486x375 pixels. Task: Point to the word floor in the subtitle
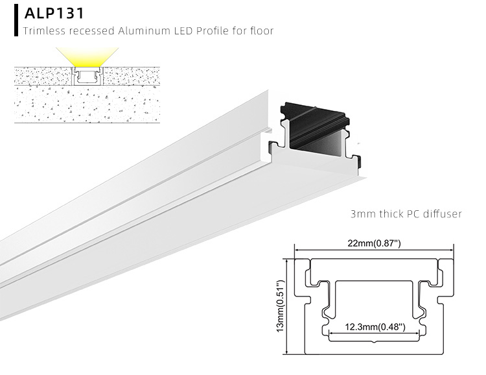pyautogui.click(x=259, y=30)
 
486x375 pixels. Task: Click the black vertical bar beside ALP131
pyautogui.click(x=16, y=20)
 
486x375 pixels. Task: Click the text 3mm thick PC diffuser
pyautogui.click(x=406, y=213)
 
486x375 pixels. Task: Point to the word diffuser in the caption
pyautogui.click(x=443, y=213)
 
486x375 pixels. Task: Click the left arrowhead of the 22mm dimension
pyautogui.click(x=297, y=250)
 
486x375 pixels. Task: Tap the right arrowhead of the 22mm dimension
pyautogui.click(x=450, y=250)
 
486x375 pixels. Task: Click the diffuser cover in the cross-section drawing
pyautogui.click(x=374, y=266)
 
